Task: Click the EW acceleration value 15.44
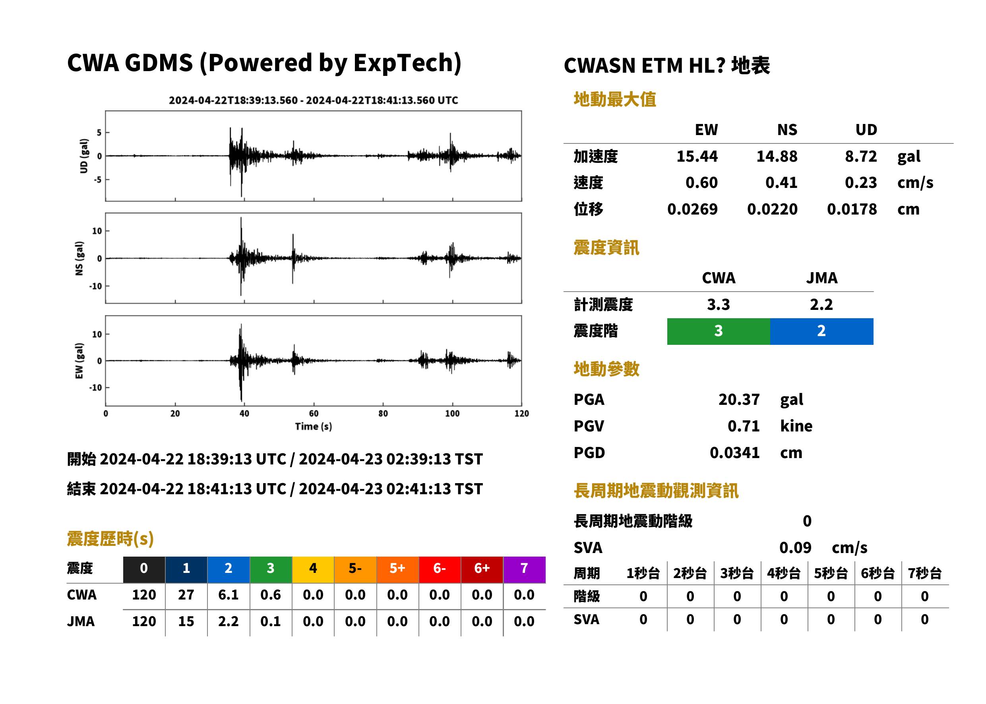(x=697, y=157)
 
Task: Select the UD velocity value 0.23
(x=861, y=183)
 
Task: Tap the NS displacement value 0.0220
(x=772, y=209)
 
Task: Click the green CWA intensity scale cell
(x=719, y=331)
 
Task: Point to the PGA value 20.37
(x=739, y=399)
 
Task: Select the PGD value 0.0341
(x=734, y=453)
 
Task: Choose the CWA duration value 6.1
(x=229, y=595)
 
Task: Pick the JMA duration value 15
(x=186, y=621)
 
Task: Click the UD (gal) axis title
(x=84, y=156)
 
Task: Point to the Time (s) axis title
(x=314, y=427)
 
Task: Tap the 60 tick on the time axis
(x=314, y=414)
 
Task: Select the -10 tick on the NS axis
(x=96, y=286)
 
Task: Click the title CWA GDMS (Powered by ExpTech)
(x=264, y=63)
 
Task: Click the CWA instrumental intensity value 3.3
(x=719, y=305)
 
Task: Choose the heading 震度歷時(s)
(x=110, y=539)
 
